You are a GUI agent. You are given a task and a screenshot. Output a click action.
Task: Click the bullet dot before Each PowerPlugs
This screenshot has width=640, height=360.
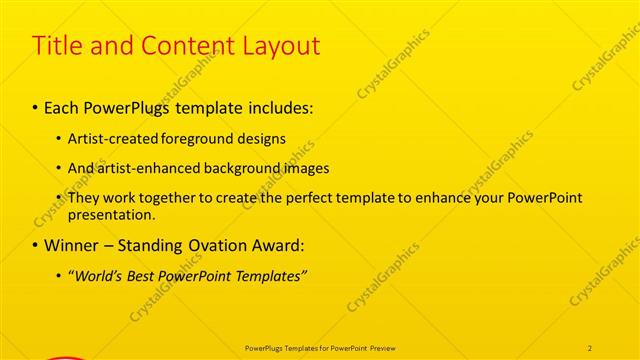(36, 106)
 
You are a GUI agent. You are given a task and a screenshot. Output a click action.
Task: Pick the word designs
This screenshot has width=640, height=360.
(259, 139)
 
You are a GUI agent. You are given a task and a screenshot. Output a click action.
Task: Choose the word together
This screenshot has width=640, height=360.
(169, 198)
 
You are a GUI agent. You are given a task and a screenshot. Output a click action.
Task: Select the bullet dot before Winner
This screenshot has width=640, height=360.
(36, 245)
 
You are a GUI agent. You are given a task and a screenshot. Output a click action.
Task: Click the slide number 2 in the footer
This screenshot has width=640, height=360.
(590, 347)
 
